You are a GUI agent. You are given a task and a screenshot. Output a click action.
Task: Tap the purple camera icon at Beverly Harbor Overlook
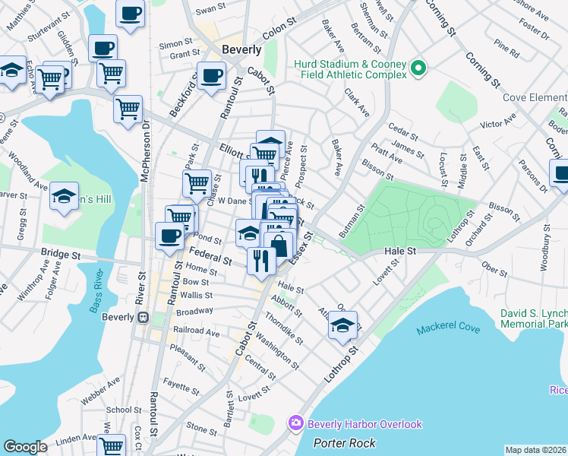[x=295, y=423]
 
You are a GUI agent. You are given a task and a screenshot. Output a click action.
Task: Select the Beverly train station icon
[x=141, y=318]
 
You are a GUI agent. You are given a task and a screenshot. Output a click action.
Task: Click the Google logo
[x=25, y=447]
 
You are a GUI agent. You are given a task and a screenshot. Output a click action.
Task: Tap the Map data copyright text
[x=536, y=450]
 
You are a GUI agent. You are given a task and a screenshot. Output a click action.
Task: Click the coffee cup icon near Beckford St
[x=210, y=75]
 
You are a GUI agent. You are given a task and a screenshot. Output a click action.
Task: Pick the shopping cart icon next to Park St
[x=197, y=182]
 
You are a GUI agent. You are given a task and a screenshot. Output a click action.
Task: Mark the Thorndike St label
[x=285, y=327]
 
